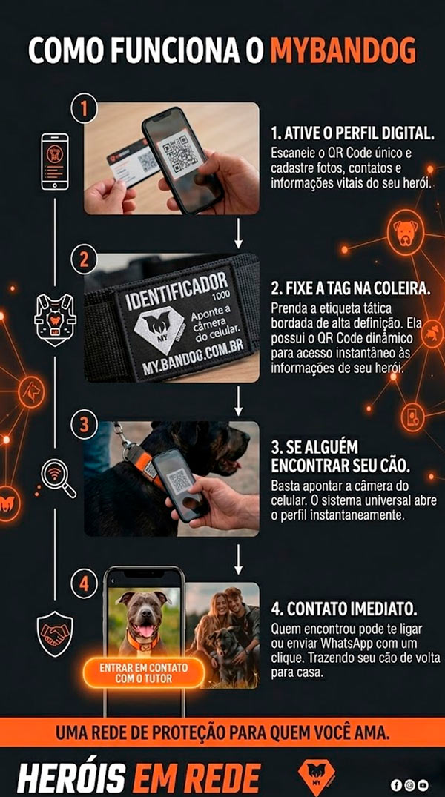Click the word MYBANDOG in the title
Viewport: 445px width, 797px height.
click(x=343, y=50)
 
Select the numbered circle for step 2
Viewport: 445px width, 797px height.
click(x=84, y=261)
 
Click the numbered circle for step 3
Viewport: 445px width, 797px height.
click(x=84, y=423)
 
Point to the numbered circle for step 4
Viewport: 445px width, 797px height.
click(x=84, y=584)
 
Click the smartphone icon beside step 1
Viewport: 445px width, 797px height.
click(x=54, y=162)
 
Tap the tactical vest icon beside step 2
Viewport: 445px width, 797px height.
click(x=55, y=320)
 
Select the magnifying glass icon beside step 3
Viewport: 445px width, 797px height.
click(x=57, y=477)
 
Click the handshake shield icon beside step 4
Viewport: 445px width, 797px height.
click(x=54, y=635)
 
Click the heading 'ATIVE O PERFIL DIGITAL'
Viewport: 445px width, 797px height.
click(x=352, y=134)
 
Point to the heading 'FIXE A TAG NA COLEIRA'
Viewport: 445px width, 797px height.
click(x=350, y=288)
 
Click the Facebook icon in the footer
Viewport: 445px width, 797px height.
click(x=397, y=785)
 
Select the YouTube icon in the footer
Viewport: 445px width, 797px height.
click(x=423, y=785)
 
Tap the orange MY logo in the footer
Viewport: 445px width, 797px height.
click(x=316, y=778)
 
